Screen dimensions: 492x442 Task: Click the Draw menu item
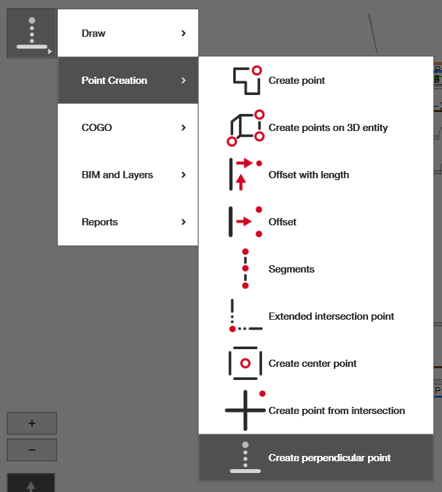coord(94,33)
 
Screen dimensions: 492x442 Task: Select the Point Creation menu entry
coord(114,81)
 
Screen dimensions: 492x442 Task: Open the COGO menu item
coord(97,128)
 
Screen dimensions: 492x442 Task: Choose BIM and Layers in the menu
coord(117,175)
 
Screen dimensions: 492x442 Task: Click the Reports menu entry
coord(100,222)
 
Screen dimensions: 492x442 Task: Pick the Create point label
coord(297,81)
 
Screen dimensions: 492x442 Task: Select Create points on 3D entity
coord(328,128)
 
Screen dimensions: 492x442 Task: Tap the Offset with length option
coord(308,175)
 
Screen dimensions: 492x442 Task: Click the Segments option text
coord(291,269)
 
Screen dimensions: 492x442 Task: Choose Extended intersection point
coord(331,316)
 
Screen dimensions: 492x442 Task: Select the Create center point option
coord(312,364)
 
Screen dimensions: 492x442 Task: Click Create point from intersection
coord(337,411)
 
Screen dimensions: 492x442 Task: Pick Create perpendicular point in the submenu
coord(329,458)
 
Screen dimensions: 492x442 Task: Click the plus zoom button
coord(32,423)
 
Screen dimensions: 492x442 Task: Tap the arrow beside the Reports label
coord(184,222)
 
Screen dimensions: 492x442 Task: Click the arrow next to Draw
coord(184,33)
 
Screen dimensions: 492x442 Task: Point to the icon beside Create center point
coord(246,363)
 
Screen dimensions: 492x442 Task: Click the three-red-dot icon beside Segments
coord(246,269)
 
